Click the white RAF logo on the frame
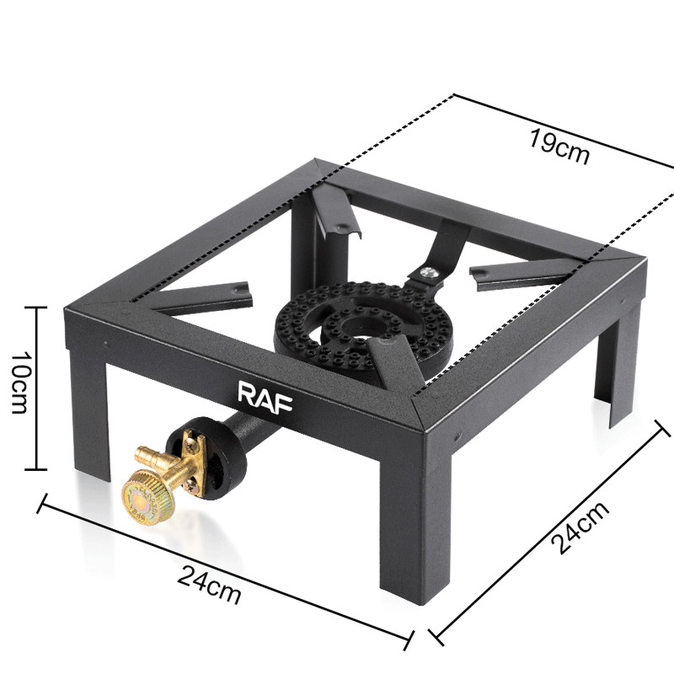pyautogui.click(x=265, y=397)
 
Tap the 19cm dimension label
pyautogui.click(x=559, y=147)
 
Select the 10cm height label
pyautogui.click(x=19, y=382)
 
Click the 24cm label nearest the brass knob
pyautogui.click(x=209, y=585)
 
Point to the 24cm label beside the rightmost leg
pyautogui.click(x=580, y=527)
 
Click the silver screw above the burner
pyautogui.click(x=427, y=272)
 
